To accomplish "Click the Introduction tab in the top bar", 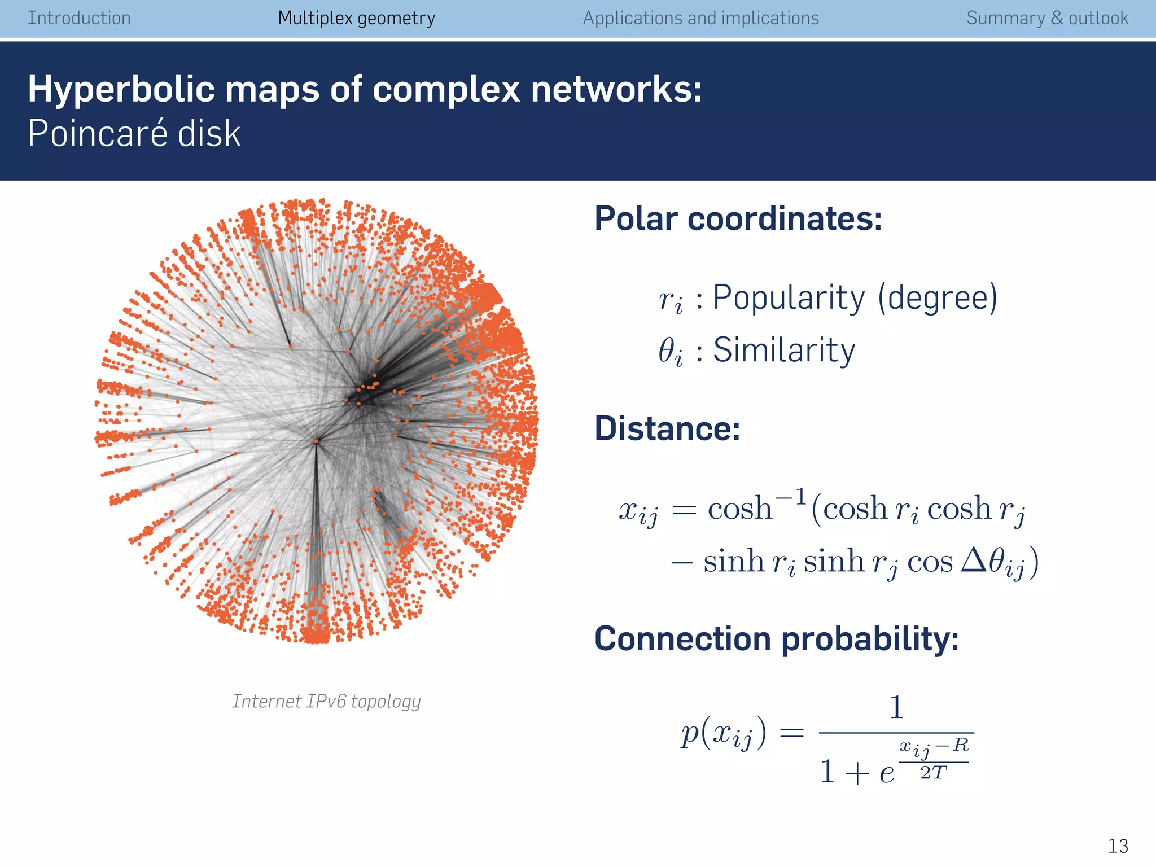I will [x=79, y=18].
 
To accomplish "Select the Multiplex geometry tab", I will [x=356, y=18].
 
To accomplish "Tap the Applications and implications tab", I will [x=700, y=18].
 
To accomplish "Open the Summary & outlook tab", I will [x=1047, y=18].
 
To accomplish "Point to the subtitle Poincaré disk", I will [x=134, y=134].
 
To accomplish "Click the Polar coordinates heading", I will [x=738, y=218].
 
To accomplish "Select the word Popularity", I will [x=789, y=297].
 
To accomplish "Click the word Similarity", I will [x=784, y=350].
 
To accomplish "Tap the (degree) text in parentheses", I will [x=938, y=297].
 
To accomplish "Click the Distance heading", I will [x=667, y=428].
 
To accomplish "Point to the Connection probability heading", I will [x=777, y=639].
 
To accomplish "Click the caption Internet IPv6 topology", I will [x=326, y=701].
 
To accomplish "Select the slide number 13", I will [x=1118, y=846].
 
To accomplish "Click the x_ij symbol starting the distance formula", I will [x=638, y=511].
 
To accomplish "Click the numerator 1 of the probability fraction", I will [x=896, y=707].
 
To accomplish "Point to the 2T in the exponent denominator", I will [x=933, y=773].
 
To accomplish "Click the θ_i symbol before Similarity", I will [x=671, y=352].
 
